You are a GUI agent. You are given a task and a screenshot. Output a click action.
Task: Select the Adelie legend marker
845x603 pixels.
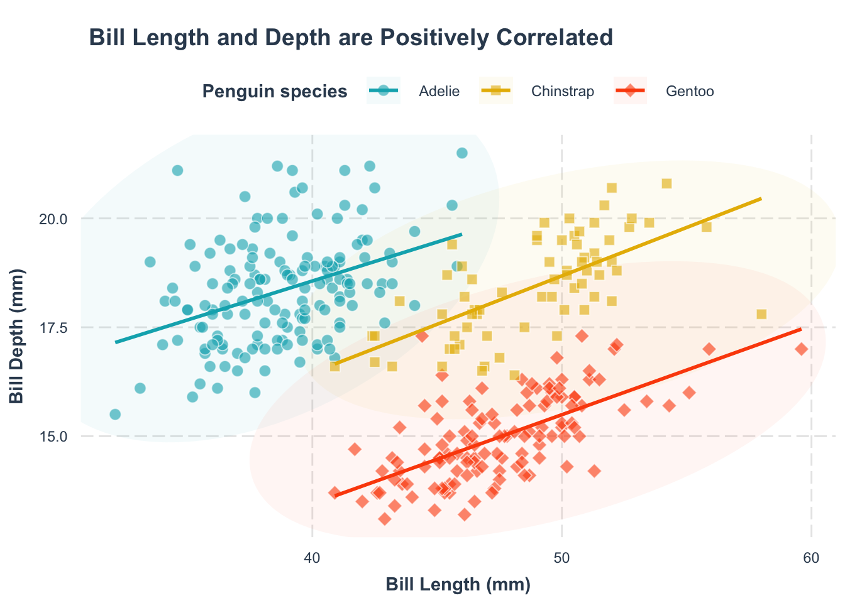tap(384, 92)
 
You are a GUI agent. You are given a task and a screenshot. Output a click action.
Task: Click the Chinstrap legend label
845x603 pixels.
tap(562, 92)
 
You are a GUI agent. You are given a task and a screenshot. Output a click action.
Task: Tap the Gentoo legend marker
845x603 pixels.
tap(630, 92)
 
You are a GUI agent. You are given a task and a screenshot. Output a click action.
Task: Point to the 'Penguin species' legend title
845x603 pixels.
tap(275, 92)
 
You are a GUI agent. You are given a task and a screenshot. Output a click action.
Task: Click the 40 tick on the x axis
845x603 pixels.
tap(312, 558)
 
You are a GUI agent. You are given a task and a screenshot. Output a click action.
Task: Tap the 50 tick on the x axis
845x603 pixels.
tap(561, 558)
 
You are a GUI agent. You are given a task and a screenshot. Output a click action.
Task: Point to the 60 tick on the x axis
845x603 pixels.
tap(811, 558)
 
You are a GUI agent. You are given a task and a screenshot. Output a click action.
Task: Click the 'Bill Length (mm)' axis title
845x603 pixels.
tap(458, 585)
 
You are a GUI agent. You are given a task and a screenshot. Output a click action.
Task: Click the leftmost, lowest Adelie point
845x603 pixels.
tap(115, 415)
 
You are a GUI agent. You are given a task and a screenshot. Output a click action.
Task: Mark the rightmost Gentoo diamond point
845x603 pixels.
tap(802, 349)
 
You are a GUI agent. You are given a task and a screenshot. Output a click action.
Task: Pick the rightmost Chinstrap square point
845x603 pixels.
tap(761, 314)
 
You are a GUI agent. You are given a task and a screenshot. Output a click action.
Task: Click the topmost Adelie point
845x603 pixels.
tap(461, 153)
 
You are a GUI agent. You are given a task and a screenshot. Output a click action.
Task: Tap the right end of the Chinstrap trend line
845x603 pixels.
tap(761, 198)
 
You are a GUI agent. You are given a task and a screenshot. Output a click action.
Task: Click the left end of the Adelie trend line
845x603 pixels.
tap(116, 342)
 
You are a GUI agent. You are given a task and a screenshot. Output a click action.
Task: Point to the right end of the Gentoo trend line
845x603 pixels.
tap(801, 329)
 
